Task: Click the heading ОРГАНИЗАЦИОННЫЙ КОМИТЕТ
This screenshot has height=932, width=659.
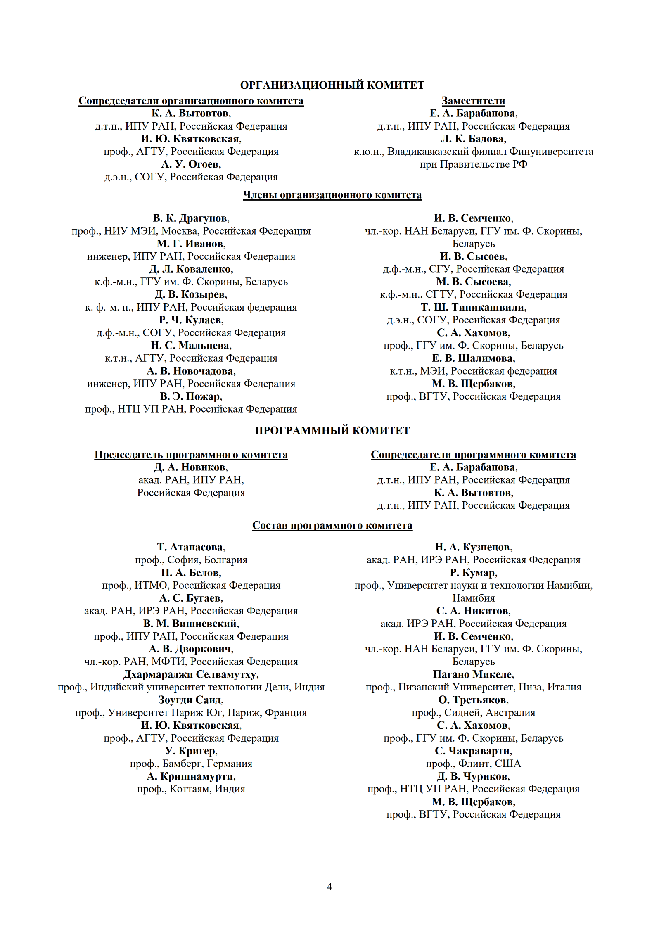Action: (332, 85)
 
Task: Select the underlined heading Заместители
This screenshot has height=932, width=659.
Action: (473, 101)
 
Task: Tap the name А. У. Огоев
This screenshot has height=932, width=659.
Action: (191, 164)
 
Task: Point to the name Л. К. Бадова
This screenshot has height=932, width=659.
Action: (473, 139)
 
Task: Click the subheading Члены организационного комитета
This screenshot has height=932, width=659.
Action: (332, 195)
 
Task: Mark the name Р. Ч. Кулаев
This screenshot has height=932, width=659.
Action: (191, 320)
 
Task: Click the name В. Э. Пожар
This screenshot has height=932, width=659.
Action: (191, 396)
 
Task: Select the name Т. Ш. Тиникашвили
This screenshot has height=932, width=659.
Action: (473, 307)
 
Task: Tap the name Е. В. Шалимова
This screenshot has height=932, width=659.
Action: (473, 358)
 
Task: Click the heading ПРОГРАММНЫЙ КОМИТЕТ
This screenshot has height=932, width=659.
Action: (332, 430)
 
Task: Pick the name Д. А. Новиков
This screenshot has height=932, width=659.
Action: (191, 467)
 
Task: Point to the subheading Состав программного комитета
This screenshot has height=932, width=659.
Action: (332, 525)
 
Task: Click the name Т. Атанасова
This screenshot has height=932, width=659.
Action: (191, 547)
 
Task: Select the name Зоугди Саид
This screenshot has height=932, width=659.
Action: (191, 700)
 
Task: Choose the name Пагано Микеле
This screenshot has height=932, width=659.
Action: (473, 674)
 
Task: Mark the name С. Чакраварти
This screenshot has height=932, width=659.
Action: (473, 751)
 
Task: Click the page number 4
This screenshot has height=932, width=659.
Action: (329, 887)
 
